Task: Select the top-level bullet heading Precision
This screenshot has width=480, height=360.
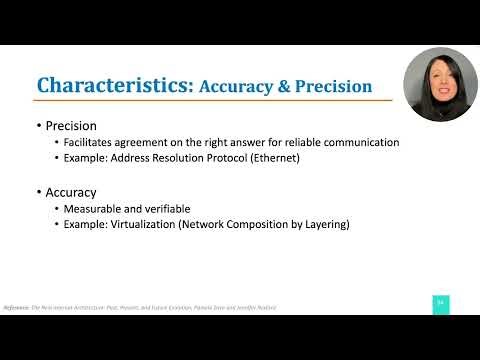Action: pyautogui.click(x=71, y=126)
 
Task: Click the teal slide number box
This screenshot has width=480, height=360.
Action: pyautogui.click(x=439, y=303)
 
